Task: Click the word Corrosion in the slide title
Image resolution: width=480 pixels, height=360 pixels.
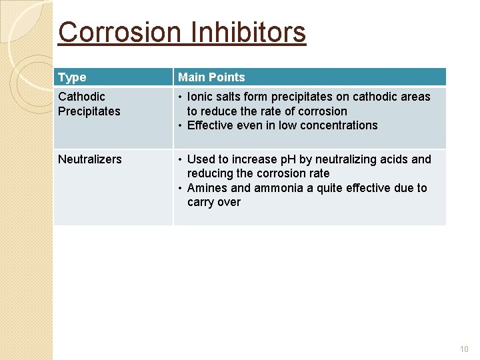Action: [x=119, y=32]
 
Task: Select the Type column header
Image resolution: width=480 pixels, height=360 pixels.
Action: [x=72, y=77]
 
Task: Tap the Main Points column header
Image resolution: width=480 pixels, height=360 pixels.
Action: [x=211, y=77]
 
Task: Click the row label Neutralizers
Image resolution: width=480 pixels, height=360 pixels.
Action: [x=90, y=159]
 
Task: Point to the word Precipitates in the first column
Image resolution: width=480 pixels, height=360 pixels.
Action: [x=89, y=111]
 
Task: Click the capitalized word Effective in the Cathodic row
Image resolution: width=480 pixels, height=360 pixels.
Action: [x=212, y=125]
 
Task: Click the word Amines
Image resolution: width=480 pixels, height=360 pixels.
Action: [x=208, y=188]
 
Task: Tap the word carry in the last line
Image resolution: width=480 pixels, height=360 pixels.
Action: [x=201, y=202]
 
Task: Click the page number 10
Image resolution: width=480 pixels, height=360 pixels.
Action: [x=464, y=349]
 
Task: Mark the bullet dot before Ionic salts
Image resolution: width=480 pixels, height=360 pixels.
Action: [x=181, y=97]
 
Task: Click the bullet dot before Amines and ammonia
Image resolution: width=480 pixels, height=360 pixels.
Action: [x=181, y=188]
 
